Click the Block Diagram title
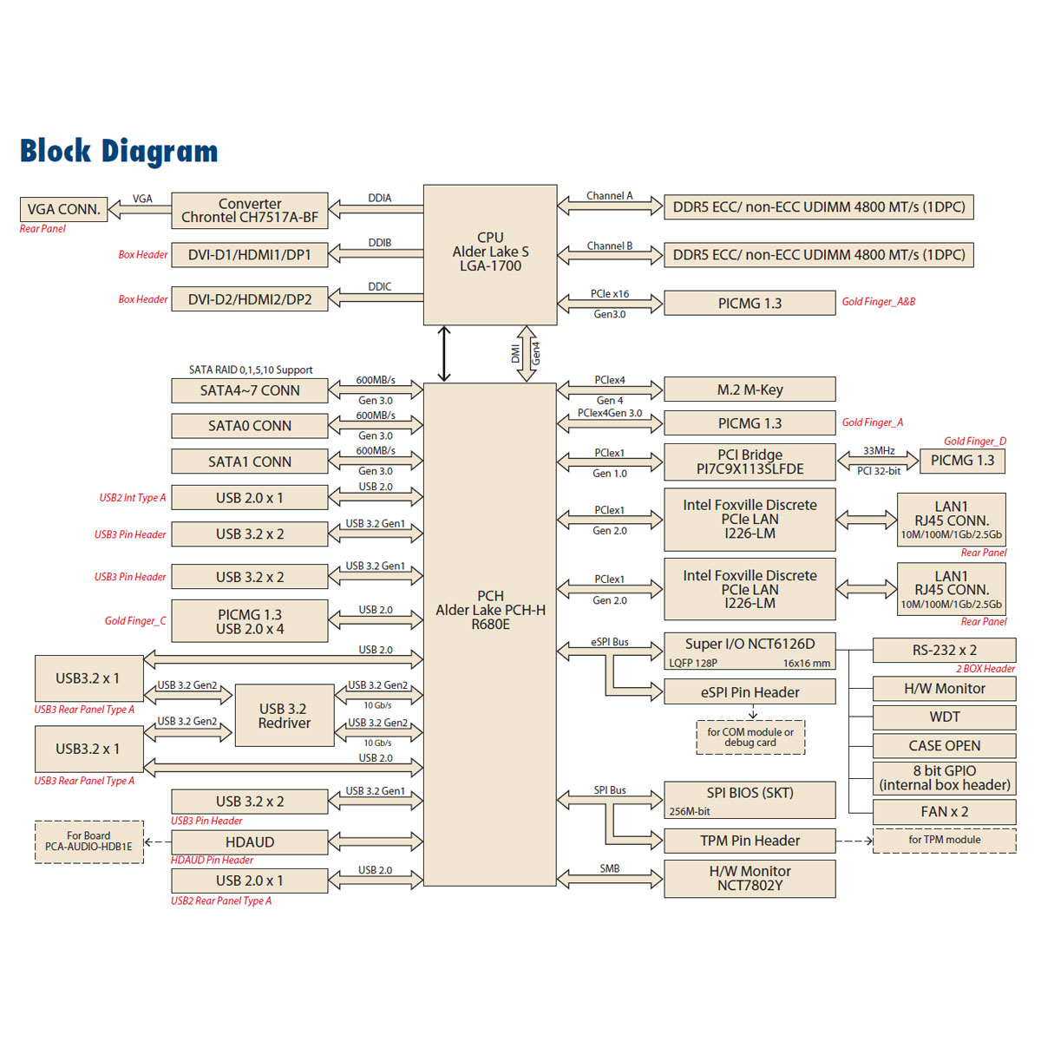(x=119, y=151)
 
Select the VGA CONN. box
(x=63, y=209)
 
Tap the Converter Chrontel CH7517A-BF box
(x=250, y=210)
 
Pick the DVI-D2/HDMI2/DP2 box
(x=250, y=299)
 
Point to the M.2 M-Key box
(x=750, y=390)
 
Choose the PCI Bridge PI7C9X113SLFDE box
(x=750, y=462)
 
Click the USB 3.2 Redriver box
(x=285, y=716)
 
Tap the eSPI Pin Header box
(x=750, y=692)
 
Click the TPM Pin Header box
(x=750, y=841)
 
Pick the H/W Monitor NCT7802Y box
(x=750, y=878)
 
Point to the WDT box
(x=944, y=717)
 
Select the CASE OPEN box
(x=944, y=746)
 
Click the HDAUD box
(x=250, y=842)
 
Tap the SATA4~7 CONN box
(x=250, y=390)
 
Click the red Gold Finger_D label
(x=975, y=442)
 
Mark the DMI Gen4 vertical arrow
(x=527, y=354)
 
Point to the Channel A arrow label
(x=609, y=196)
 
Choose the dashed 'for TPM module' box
(x=944, y=840)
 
